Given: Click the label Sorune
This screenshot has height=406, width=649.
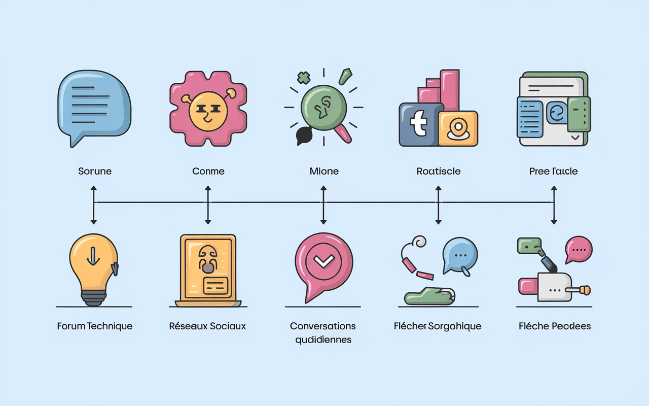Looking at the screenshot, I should point(95,171).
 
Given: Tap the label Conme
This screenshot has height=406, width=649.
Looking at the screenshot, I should point(208,171).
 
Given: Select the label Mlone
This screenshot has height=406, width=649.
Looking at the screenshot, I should point(324,171).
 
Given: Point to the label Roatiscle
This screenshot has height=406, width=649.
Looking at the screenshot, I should point(438,171).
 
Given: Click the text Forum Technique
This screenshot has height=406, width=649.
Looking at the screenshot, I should point(95,326).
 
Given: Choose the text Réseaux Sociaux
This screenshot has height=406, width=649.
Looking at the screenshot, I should point(207,326).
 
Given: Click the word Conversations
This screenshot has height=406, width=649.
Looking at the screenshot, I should point(323,326).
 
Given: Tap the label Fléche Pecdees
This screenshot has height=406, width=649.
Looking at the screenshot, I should point(555,326).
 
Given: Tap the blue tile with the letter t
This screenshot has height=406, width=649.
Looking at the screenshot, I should point(419,125).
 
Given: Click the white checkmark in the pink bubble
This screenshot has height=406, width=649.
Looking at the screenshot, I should point(322,261).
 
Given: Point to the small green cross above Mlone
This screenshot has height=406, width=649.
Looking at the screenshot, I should point(303,78).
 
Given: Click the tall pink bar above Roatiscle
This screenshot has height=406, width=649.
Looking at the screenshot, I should point(449,89).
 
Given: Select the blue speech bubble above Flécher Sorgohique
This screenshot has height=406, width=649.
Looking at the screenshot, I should point(460,255).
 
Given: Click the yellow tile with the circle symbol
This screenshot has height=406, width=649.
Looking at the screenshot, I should point(458,128).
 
